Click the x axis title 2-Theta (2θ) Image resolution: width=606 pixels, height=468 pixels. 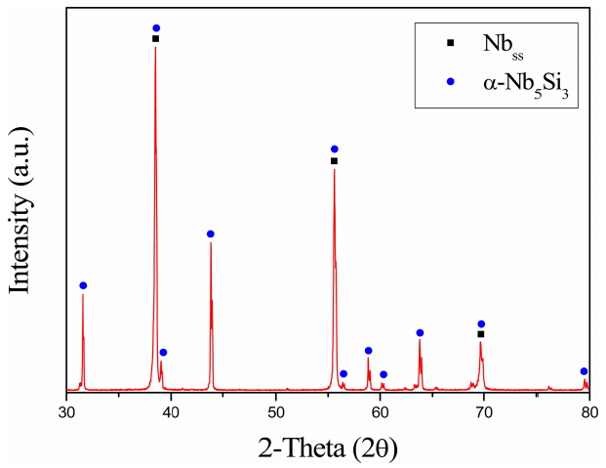click(328, 447)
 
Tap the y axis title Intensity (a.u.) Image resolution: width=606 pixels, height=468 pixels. click(21, 204)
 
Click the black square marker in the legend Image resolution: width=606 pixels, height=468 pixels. click(450, 43)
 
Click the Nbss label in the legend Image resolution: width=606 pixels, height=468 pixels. click(502, 45)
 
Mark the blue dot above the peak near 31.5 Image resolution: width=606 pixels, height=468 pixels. click(83, 285)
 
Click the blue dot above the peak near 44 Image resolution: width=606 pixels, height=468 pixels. click(211, 234)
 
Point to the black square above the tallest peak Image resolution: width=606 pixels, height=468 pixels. click(155, 39)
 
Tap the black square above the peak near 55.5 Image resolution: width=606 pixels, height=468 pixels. click(334, 161)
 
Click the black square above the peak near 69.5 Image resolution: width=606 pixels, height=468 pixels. click(480, 334)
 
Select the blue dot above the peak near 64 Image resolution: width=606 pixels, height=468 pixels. click(420, 333)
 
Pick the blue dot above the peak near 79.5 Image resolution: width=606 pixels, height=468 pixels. click(584, 371)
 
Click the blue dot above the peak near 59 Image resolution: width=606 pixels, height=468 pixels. click(369, 351)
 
